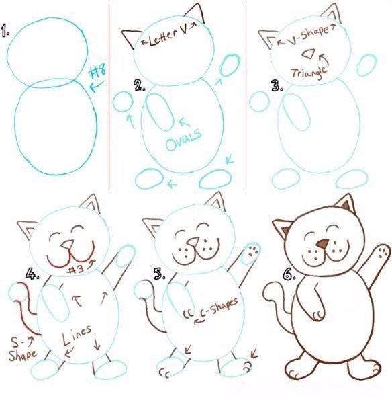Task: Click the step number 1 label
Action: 6,31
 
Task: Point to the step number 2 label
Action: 140,85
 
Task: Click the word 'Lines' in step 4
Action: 77,333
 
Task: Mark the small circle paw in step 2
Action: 122,102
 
